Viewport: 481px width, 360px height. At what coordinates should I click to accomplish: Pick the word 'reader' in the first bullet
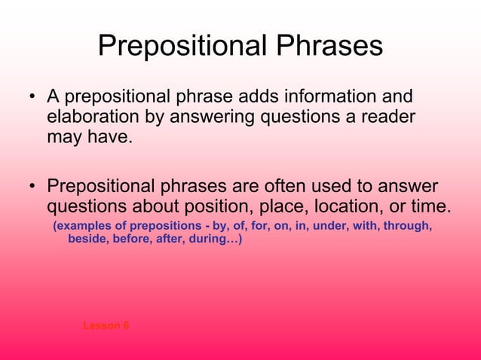click(x=389, y=118)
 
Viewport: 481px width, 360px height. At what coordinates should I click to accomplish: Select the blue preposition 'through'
click(x=408, y=226)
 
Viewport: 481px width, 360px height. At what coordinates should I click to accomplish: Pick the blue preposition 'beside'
click(x=87, y=240)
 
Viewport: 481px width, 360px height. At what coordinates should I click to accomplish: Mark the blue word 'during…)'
click(x=218, y=240)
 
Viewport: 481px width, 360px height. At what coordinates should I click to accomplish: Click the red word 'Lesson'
click(x=101, y=325)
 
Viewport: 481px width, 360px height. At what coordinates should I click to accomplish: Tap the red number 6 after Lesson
click(x=126, y=325)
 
